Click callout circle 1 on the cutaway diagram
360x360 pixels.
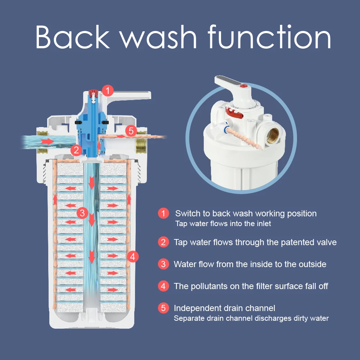[108, 91]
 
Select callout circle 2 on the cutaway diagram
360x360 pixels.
[76, 150]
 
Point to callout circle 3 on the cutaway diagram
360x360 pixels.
[82, 213]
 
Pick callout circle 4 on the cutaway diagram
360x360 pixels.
[133, 256]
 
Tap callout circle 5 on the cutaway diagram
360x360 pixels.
[131, 131]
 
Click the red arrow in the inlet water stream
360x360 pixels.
[48, 141]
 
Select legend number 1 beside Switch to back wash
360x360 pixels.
[163, 213]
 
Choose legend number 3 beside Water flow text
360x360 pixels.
[163, 264]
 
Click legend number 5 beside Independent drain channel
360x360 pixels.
[163, 308]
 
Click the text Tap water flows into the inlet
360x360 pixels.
[223, 224]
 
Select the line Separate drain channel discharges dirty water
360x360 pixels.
[251, 319]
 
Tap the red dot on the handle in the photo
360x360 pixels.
[244, 86]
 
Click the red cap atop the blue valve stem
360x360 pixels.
[94, 93]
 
